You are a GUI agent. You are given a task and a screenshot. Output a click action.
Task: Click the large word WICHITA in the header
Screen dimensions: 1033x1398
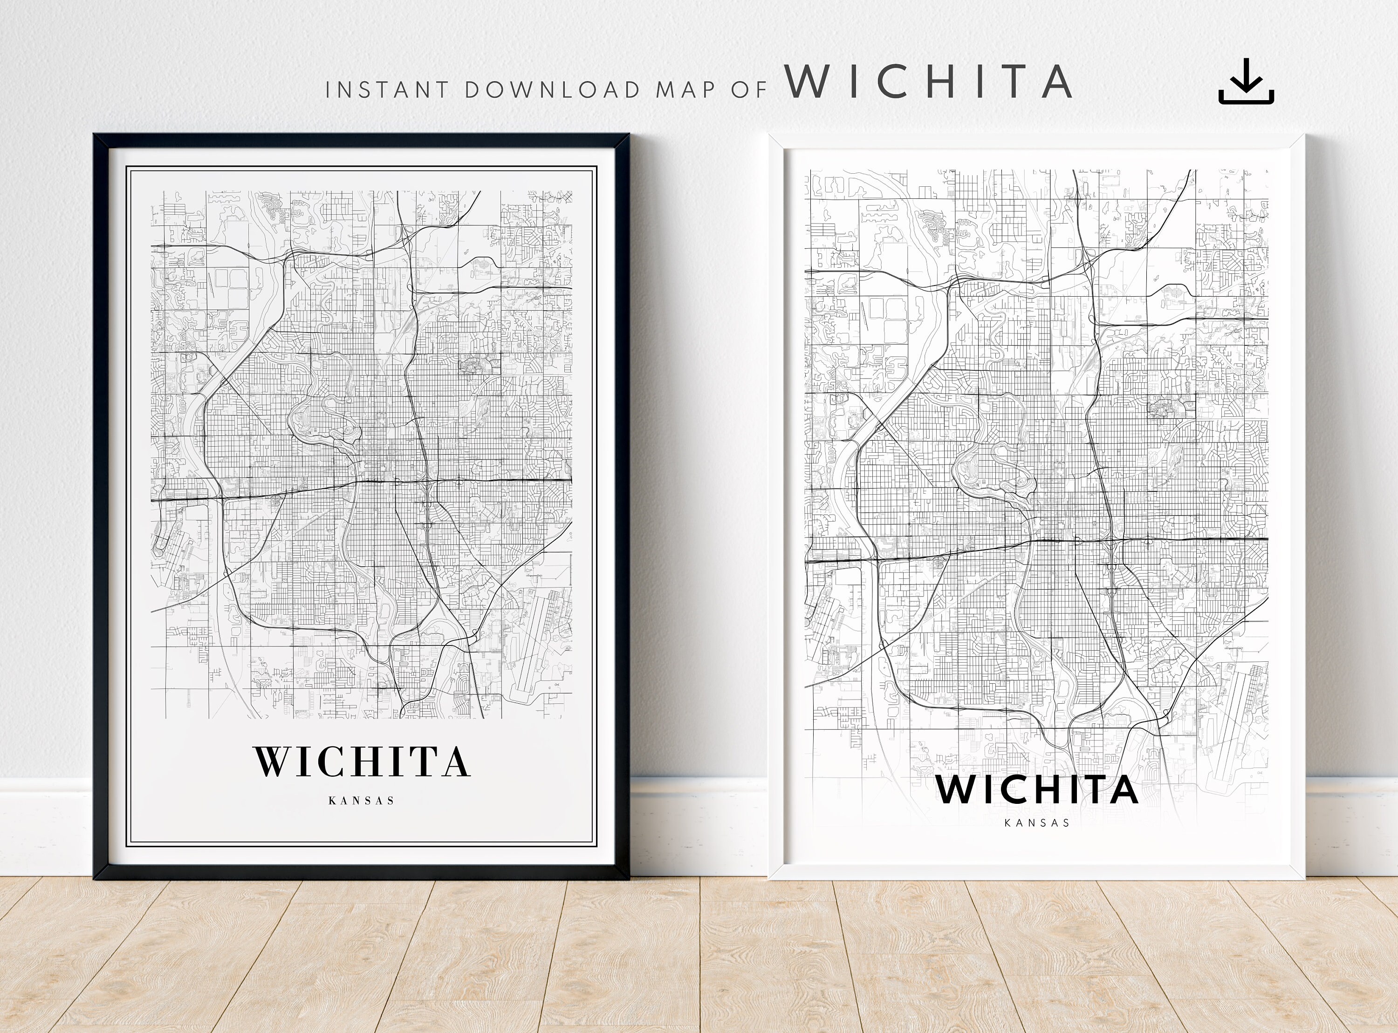[x=928, y=82]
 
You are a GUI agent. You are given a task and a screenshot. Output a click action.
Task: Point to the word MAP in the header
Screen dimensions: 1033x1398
[x=685, y=90]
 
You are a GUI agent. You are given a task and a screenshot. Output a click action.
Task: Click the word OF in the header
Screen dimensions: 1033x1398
[x=749, y=90]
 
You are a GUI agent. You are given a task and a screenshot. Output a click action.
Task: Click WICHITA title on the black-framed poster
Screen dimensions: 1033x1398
[x=362, y=761]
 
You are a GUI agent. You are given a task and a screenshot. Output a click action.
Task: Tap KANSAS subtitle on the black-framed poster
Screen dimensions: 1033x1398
[x=362, y=801]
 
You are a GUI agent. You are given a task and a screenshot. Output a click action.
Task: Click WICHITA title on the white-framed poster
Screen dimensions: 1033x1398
[x=1036, y=790]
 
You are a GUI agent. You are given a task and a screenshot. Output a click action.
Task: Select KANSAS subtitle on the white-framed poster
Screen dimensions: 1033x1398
[x=1036, y=823]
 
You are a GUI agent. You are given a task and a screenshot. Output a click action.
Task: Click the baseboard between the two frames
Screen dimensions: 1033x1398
[x=699, y=825]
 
